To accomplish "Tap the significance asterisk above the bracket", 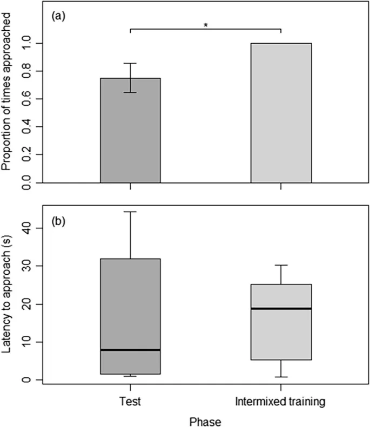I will click(205, 25).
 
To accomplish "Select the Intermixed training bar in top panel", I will click(281, 113).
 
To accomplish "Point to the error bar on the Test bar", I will click(130, 78).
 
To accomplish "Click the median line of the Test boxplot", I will click(130, 350).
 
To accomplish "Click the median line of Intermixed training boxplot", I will click(281, 308).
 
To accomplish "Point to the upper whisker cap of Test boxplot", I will click(130, 212).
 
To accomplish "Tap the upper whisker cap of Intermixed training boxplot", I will click(281, 265).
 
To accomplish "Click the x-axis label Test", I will click(130, 402).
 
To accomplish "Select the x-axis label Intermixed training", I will click(281, 402).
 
